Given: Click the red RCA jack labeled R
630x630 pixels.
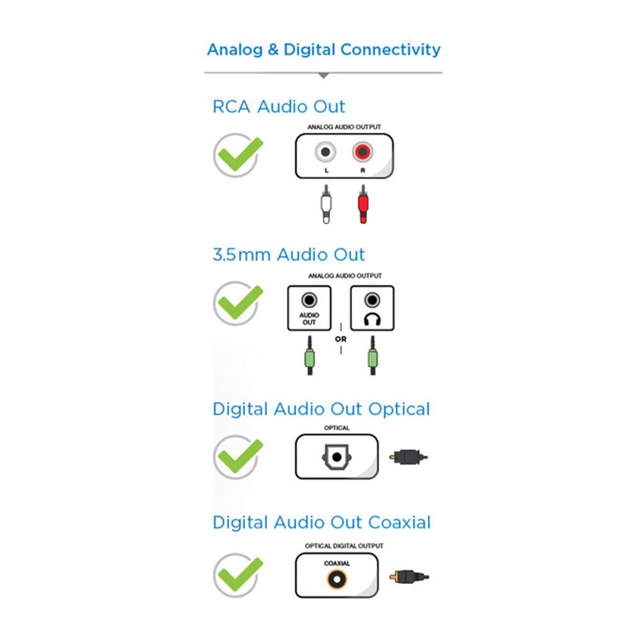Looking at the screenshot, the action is click(362, 152).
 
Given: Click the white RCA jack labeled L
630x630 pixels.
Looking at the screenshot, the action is click(326, 152).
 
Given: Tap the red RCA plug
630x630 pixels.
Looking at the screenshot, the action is click(363, 204).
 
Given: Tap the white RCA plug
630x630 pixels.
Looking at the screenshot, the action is click(326, 204).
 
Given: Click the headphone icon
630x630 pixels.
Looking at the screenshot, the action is click(372, 319).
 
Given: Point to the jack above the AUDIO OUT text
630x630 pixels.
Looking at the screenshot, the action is click(309, 300).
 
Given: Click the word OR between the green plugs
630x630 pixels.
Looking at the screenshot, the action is click(341, 339).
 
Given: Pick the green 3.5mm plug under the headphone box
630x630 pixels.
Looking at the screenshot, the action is click(372, 355).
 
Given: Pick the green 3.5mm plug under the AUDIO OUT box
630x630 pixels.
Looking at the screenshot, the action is click(309, 355).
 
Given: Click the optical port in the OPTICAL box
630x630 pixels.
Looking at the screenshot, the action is click(336, 457).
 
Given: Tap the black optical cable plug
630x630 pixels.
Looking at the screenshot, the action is click(408, 457).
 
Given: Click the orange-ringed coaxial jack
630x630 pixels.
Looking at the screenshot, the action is click(336, 580).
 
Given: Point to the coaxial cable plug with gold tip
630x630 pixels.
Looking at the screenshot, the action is click(409, 577).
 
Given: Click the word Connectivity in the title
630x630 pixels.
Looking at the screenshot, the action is click(391, 50).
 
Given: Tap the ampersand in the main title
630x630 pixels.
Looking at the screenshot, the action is click(273, 49).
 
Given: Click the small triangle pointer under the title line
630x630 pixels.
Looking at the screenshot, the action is click(323, 75).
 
